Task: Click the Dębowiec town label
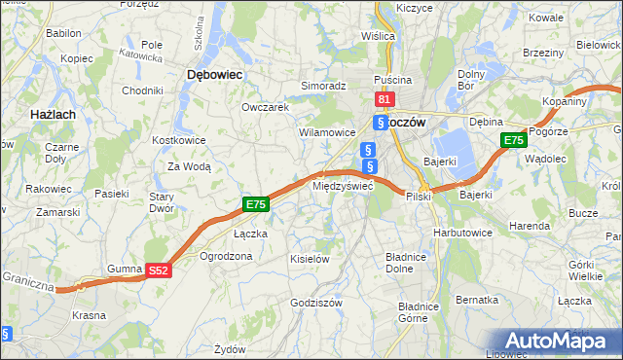click(214, 74)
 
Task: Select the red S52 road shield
click(161, 271)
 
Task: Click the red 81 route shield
click(384, 99)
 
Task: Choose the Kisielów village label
click(311, 259)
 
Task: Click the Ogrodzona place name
click(226, 257)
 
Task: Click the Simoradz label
click(323, 86)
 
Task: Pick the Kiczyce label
click(414, 8)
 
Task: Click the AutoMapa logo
click(559, 340)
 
